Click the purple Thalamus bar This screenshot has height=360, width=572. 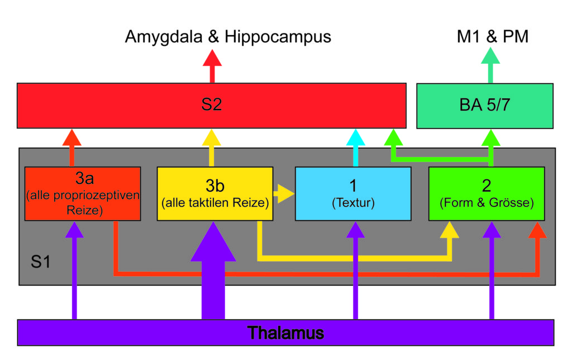(x=285, y=333)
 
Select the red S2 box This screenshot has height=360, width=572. (x=212, y=106)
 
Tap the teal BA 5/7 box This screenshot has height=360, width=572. (x=485, y=106)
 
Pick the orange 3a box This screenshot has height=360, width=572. (x=83, y=193)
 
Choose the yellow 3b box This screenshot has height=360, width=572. (x=215, y=193)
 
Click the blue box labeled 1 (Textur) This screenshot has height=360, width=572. (x=353, y=193)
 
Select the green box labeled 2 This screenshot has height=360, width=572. (x=487, y=193)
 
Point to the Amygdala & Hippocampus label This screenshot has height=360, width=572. (x=228, y=36)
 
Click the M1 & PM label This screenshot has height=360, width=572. (x=493, y=36)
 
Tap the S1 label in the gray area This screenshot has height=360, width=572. (x=40, y=262)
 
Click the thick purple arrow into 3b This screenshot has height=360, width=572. (x=213, y=271)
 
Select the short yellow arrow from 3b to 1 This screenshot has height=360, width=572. (x=284, y=193)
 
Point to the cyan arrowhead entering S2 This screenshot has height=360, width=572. (x=356, y=138)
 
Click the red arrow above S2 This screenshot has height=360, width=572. (x=212, y=66)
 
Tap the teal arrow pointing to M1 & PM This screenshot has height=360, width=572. (x=490, y=65)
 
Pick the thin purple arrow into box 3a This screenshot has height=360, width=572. (x=74, y=271)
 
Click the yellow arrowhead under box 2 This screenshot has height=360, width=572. (x=449, y=230)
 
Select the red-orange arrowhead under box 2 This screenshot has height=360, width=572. (x=537, y=230)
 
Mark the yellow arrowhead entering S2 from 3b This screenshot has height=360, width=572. (x=212, y=138)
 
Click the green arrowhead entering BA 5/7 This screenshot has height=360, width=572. (x=491, y=138)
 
